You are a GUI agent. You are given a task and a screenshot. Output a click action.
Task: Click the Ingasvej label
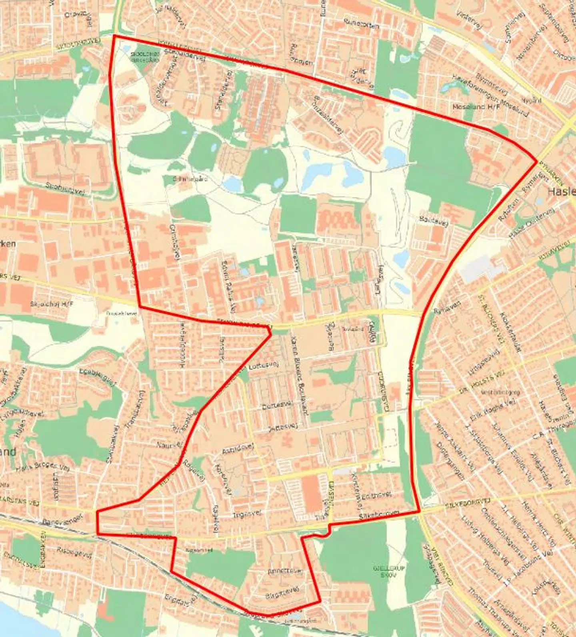tap(247, 514)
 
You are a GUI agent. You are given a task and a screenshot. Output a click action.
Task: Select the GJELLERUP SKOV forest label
tap(384, 571)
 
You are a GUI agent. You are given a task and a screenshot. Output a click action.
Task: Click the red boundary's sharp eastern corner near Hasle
tap(537, 162)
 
